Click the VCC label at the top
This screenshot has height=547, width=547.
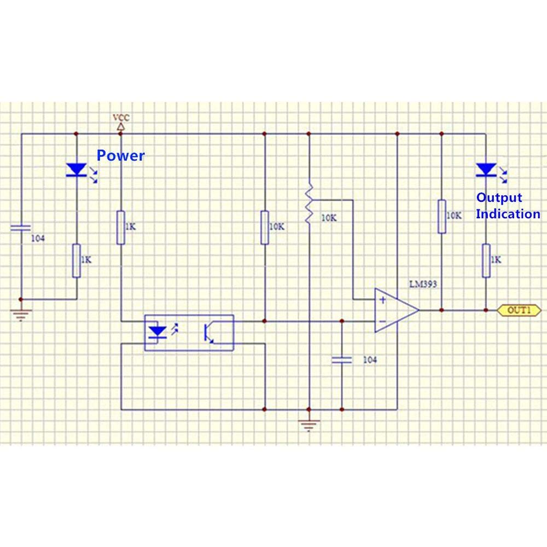[x=121, y=118]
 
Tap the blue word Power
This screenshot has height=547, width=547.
[x=121, y=155]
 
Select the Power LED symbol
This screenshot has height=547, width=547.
[x=76, y=170]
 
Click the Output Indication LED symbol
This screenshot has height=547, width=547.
[x=486, y=170]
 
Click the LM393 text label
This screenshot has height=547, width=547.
[x=423, y=284]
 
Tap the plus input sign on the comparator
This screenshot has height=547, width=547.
[x=382, y=300]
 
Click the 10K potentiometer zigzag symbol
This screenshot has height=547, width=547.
[x=309, y=203]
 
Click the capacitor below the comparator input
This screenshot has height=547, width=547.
[x=342, y=359]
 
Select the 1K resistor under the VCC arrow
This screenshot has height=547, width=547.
[x=121, y=227]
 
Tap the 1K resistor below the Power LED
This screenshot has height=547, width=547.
[x=76, y=260]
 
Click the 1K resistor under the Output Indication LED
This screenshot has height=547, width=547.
[x=486, y=260]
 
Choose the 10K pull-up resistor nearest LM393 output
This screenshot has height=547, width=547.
[x=441, y=217]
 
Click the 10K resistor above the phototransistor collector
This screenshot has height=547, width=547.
[x=264, y=227]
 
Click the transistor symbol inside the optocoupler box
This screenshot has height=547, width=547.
[x=210, y=333]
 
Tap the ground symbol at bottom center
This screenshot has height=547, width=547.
[x=309, y=424]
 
